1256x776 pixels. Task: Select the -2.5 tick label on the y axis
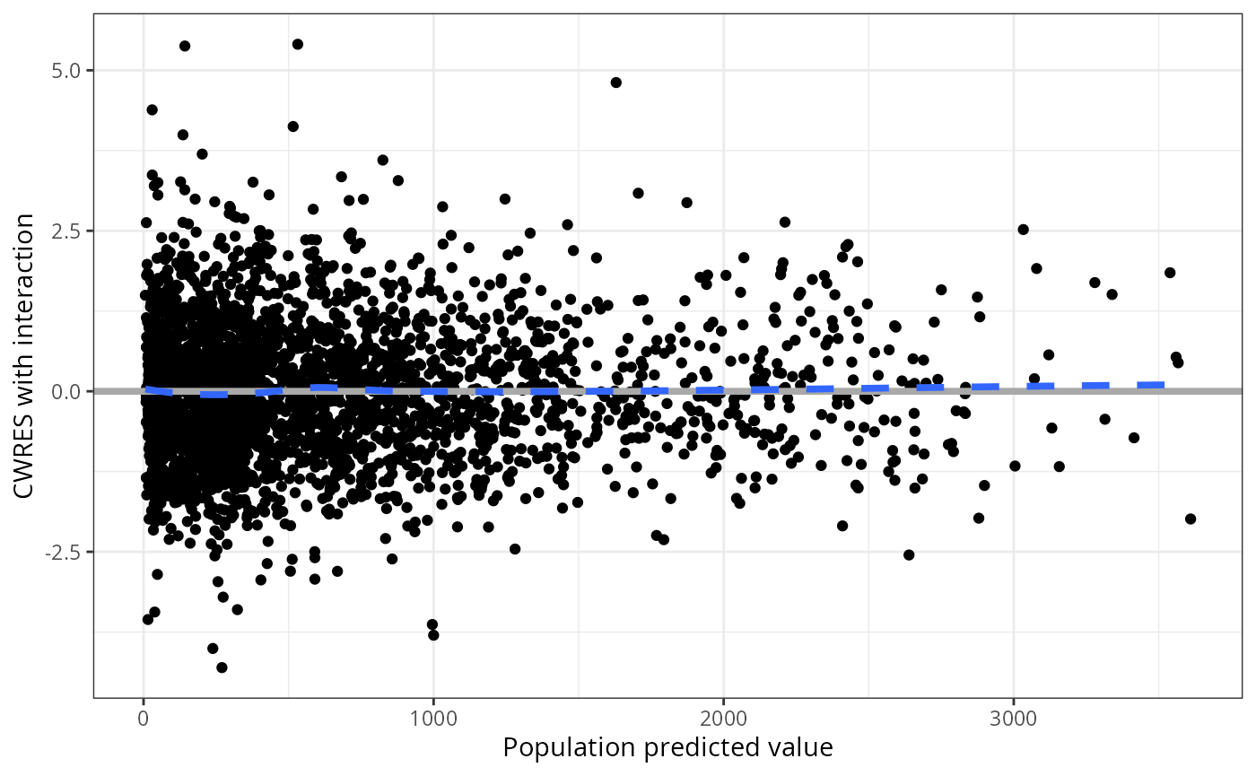point(65,552)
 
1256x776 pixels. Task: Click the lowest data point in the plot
point(222,667)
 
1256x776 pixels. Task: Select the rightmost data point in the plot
point(1191,519)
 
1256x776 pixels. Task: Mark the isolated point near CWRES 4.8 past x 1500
point(616,83)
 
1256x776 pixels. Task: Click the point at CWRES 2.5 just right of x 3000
point(1023,230)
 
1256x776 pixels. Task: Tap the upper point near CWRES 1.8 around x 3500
point(1170,273)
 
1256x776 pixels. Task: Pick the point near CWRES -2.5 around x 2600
point(909,555)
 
